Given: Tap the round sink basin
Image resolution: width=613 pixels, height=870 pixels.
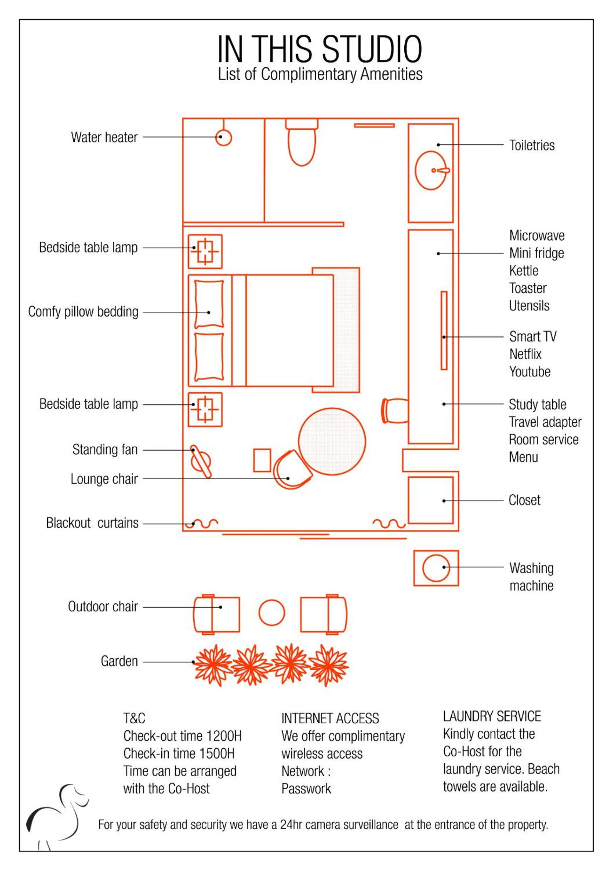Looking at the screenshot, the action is click(x=431, y=170).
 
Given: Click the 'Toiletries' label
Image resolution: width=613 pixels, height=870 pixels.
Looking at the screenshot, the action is click(x=532, y=145).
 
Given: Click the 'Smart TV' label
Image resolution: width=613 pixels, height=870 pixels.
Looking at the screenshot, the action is click(x=533, y=336).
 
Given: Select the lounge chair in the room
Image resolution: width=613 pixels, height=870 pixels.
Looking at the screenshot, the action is click(x=292, y=469).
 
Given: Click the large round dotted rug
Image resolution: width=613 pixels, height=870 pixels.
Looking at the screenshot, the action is click(x=332, y=441).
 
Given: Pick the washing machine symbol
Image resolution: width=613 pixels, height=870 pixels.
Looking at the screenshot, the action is click(x=436, y=568).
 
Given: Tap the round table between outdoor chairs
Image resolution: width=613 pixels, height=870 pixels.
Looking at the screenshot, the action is click(x=272, y=613).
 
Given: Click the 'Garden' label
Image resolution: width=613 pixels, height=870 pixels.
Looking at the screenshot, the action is click(x=119, y=661).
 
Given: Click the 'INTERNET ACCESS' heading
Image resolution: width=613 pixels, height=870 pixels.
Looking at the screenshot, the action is click(x=330, y=718).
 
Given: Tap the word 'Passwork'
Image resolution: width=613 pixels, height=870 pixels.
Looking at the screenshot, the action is click(x=306, y=789).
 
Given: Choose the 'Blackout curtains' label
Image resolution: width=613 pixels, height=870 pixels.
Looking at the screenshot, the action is click(x=92, y=523).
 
